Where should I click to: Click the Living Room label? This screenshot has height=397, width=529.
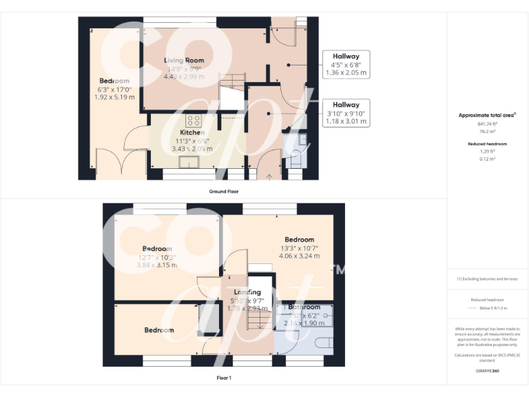tap(183, 61)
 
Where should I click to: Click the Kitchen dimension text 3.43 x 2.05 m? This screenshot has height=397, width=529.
tap(192, 148)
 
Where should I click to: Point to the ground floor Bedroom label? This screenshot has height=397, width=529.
tap(114, 81)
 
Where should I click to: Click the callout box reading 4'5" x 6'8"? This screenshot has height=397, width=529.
tap(346, 64)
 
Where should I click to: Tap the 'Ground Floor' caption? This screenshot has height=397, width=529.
tap(224, 191)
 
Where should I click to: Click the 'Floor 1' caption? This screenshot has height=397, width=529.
tap(224, 378)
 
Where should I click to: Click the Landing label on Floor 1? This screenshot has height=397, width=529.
tap(247, 292)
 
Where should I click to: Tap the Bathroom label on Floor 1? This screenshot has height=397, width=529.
tap(304, 307)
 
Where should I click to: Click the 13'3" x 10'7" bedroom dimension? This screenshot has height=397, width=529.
tap(300, 248)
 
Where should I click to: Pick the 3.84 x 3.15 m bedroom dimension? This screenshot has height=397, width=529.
tap(156, 265)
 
